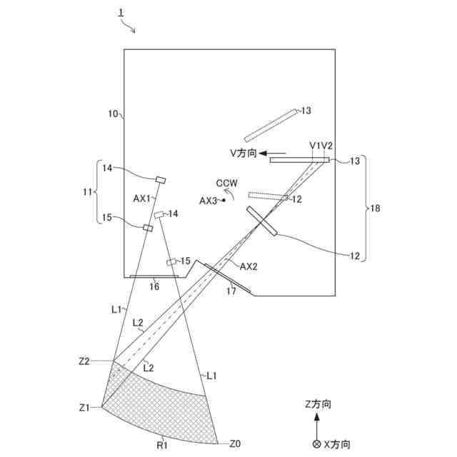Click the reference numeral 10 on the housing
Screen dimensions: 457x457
(x=112, y=114)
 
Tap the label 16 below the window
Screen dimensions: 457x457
(x=154, y=286)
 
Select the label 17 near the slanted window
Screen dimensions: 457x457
(x=231, y=291)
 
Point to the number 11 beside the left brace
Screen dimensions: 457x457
(x=88, y=192)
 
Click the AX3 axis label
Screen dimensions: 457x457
(x=209, y=201)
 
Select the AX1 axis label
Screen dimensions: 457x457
(x=143, y=199)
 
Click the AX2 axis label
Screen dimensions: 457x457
(x=248, y=266)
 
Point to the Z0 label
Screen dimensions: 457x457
(x=235, y=443)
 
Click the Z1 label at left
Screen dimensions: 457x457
(x=84, y=408)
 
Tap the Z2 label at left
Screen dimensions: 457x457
(x=84, y=361)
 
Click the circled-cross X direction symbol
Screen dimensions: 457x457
(x=317, y=444)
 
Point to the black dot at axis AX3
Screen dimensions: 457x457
(x=224, y=201)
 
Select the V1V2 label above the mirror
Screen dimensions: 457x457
(x=321, y=146)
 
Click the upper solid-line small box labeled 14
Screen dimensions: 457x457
(x=161, y=179)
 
